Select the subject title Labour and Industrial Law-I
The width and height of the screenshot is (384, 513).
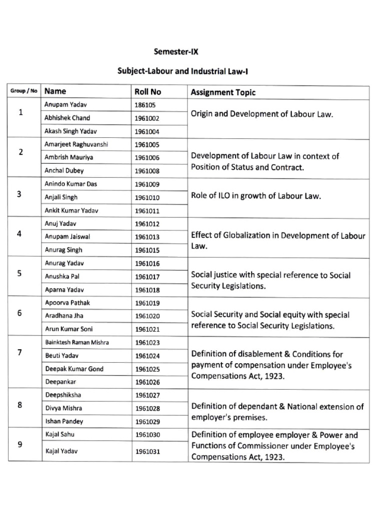[x=183, y=71]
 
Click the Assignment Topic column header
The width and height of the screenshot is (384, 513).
[x=223, y=92]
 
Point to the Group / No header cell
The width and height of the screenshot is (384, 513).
[x=23, y=91]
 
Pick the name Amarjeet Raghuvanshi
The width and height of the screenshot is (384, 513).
[x=76, y=144]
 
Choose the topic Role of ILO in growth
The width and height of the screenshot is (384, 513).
[x=256, y=196]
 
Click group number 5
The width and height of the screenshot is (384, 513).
[x=19, y=274]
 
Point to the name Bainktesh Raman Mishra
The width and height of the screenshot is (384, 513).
[x=77, y=342]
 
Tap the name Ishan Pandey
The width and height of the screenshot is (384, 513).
[x=64, y=421]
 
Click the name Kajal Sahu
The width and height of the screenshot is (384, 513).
[x=59, y=434]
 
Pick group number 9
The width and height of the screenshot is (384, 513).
[x=19, y=443]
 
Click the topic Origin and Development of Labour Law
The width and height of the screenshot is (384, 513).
[x=262, y=114]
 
